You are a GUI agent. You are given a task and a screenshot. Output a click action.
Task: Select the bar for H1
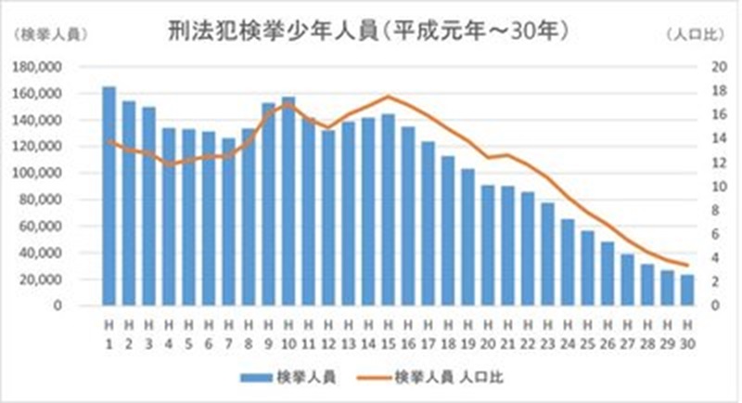pos(109,196)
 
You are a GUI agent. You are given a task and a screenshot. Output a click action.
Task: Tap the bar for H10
pos(288,201)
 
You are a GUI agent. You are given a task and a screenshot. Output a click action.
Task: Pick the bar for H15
pos(388,210)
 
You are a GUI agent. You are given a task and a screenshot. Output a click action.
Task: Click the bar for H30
pos(686,290)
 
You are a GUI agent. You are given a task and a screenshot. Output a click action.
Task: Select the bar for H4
pos(169,216)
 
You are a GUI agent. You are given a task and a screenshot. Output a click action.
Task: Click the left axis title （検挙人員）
pos(45,34)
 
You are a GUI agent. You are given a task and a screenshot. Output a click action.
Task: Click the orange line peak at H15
pos(388,97)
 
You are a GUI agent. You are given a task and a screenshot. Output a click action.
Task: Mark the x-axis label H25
pos(587,331)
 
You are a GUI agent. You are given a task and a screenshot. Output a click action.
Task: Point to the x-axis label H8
pos(249,331)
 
